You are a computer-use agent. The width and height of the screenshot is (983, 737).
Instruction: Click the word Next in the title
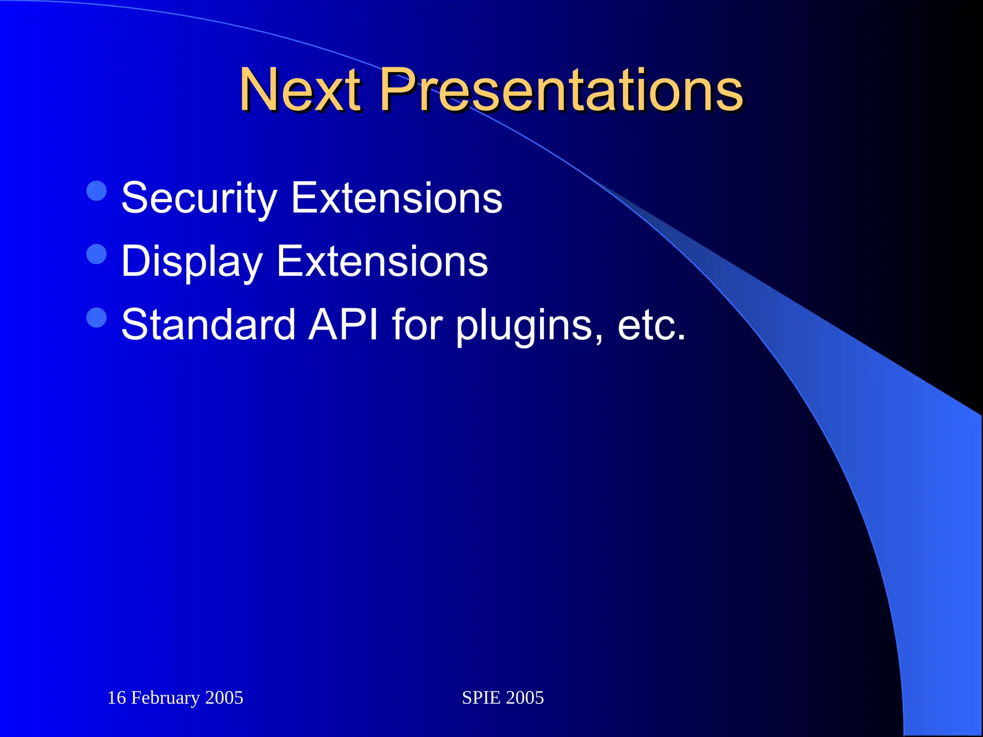[x=300, y=90]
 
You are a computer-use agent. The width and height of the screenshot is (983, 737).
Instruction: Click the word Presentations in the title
[x=562, y=90]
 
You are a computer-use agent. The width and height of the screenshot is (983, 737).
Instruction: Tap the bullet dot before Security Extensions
[x=96, y=190]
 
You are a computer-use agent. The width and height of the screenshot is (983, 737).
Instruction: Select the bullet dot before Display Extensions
[x=96, y=254]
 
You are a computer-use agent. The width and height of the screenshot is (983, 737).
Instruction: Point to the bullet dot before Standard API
[x=96, y=317]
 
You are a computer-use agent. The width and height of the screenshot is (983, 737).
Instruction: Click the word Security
[x=199, y=198]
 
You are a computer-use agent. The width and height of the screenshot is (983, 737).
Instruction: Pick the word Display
[x=192, y=262]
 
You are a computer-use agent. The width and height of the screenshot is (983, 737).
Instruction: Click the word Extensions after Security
[x=396, y=198]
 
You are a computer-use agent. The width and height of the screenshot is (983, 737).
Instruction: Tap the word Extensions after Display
[x=382, y=262]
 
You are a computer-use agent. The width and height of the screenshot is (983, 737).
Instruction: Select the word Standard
[x=208, y=325]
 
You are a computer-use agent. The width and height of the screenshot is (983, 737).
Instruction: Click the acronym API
[x=343, y=325]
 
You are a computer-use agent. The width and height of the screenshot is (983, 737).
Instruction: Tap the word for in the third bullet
[x=417, y=325]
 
